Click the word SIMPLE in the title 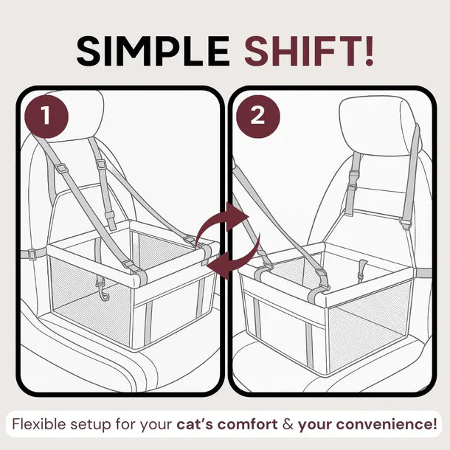click(x=153, y=52)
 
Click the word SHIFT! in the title click(x=309, y=52)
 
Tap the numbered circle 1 click(x=46, y=116)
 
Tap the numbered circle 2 click(x=257, y=117)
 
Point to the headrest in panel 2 click(x=379, y=126)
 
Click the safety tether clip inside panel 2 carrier click(x=362, y=270)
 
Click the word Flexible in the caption click(x=39, y=424)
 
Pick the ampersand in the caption click(x=288, y=425)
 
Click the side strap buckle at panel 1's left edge click(x=32, y=255)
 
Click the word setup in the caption click(x=91, y=425)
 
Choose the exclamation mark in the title click(x=370, y=52)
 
